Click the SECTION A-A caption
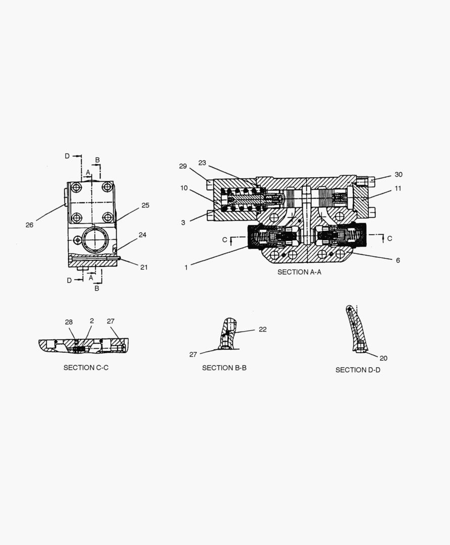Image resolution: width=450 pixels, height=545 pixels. (x=299, y=272)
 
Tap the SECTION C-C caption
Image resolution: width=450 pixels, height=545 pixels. (x=86, y=368)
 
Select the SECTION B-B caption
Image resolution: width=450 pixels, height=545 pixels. (x=224, y=368)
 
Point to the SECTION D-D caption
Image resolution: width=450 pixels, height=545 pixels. (x=358, y=370)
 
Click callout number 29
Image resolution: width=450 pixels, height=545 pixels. (x=183, y=166)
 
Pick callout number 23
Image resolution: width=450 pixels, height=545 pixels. (x=202, y=162)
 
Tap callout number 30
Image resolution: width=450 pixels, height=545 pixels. (x=399, y=175)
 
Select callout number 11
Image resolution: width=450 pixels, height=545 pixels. (x=398, y=188)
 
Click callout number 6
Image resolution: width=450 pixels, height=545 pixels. (x=398, y=260)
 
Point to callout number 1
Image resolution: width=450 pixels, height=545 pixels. (x=186, y=267)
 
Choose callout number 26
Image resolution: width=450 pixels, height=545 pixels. (x=30, y=225)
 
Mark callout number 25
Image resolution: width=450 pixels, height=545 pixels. (x=145, y=205)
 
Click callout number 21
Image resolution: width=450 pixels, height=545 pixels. (x=144, y=267)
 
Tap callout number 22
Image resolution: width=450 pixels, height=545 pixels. (x=263, y=330)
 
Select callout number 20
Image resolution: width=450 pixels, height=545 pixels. (x=383, y=358)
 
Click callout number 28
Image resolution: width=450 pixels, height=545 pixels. (x=69, y=322)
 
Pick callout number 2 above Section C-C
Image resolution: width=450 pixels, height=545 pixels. (x=92, y=321)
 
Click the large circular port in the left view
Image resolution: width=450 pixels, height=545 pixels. (x=95, y=240)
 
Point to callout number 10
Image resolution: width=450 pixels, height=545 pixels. (x=184, y=188)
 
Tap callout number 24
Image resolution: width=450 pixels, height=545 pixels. (x=142, y=235)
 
